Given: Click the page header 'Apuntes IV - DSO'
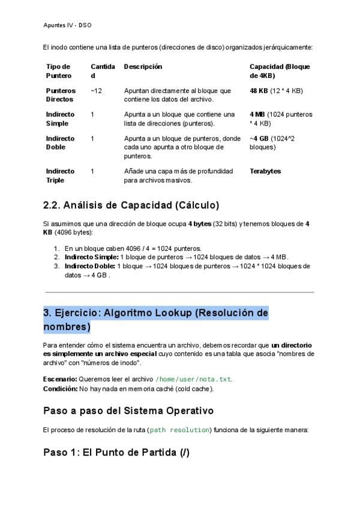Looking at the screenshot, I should pos(67,26).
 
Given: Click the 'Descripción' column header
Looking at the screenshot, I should pos(143,67).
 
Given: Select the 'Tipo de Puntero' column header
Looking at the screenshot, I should pos(58,71).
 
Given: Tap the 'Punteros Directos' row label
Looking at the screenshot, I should pos(61,95).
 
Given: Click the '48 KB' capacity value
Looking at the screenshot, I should pos(259,91).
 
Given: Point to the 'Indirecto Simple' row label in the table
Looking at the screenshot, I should pos(60,119).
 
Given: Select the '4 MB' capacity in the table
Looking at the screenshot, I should pos(257,114).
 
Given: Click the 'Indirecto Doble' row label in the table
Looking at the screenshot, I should pos(60,142).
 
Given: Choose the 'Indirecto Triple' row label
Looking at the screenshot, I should pos(60,175).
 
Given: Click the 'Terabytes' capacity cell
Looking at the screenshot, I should pos(265,171).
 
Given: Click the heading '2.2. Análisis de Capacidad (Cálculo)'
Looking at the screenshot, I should pos(131,205).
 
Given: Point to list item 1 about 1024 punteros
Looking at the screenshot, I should pos(133,248).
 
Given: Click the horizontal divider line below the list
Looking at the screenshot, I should pos(179,292).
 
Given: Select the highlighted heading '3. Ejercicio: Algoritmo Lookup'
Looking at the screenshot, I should pos(155,319).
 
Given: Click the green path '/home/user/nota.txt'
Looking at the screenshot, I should pos(193,379).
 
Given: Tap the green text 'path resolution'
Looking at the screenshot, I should pos(179,430).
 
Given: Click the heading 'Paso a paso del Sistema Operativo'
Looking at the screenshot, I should pos(128,411).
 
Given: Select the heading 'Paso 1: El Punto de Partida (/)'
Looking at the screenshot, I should pos(116,452).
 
